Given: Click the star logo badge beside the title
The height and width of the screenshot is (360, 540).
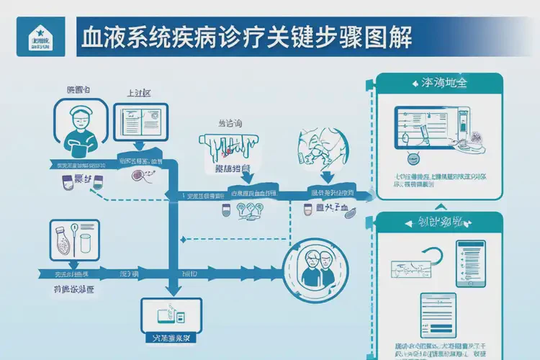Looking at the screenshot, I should tap(35, 36).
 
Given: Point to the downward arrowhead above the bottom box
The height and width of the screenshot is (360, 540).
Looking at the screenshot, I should tap(171, 289).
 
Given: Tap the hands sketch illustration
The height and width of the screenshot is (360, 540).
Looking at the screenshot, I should tap(320, 148).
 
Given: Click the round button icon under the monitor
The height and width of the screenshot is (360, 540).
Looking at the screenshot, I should tap(413, 158).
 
